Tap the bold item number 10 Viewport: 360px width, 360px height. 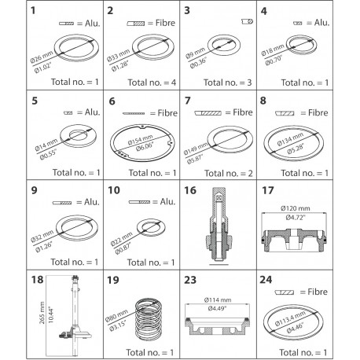tap(113, 190)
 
